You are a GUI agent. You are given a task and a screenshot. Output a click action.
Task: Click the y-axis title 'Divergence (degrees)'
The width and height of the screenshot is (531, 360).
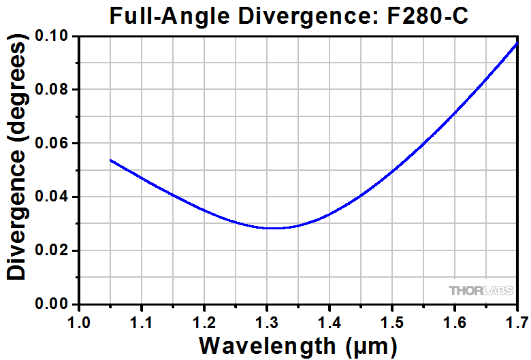pos(18,161)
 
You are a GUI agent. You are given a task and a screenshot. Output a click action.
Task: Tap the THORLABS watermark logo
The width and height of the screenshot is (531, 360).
pos(481,291)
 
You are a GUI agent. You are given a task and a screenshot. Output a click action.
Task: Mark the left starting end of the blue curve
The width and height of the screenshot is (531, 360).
pos(110,160)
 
